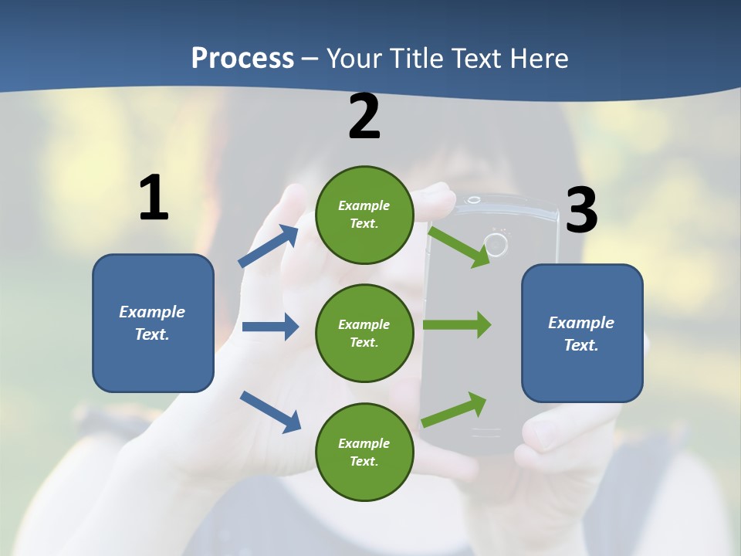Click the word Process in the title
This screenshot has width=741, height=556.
(x=242, y=59)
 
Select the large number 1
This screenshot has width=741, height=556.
(x=154, y=198)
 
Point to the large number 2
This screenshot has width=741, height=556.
(x=364, y=117)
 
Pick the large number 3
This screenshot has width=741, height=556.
(x=582, y=210)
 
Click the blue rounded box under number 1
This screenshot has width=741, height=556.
(x=153, y=323)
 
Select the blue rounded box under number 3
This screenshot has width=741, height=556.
(x=582, y=334)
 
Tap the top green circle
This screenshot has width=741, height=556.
(x=364, y=215)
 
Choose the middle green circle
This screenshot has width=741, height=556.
(x=364, y=333)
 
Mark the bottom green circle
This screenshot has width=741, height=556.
(x=364, y=452)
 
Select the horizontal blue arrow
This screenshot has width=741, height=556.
(x=270, y=327)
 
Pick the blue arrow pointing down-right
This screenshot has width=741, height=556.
(x=270, y=411)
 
